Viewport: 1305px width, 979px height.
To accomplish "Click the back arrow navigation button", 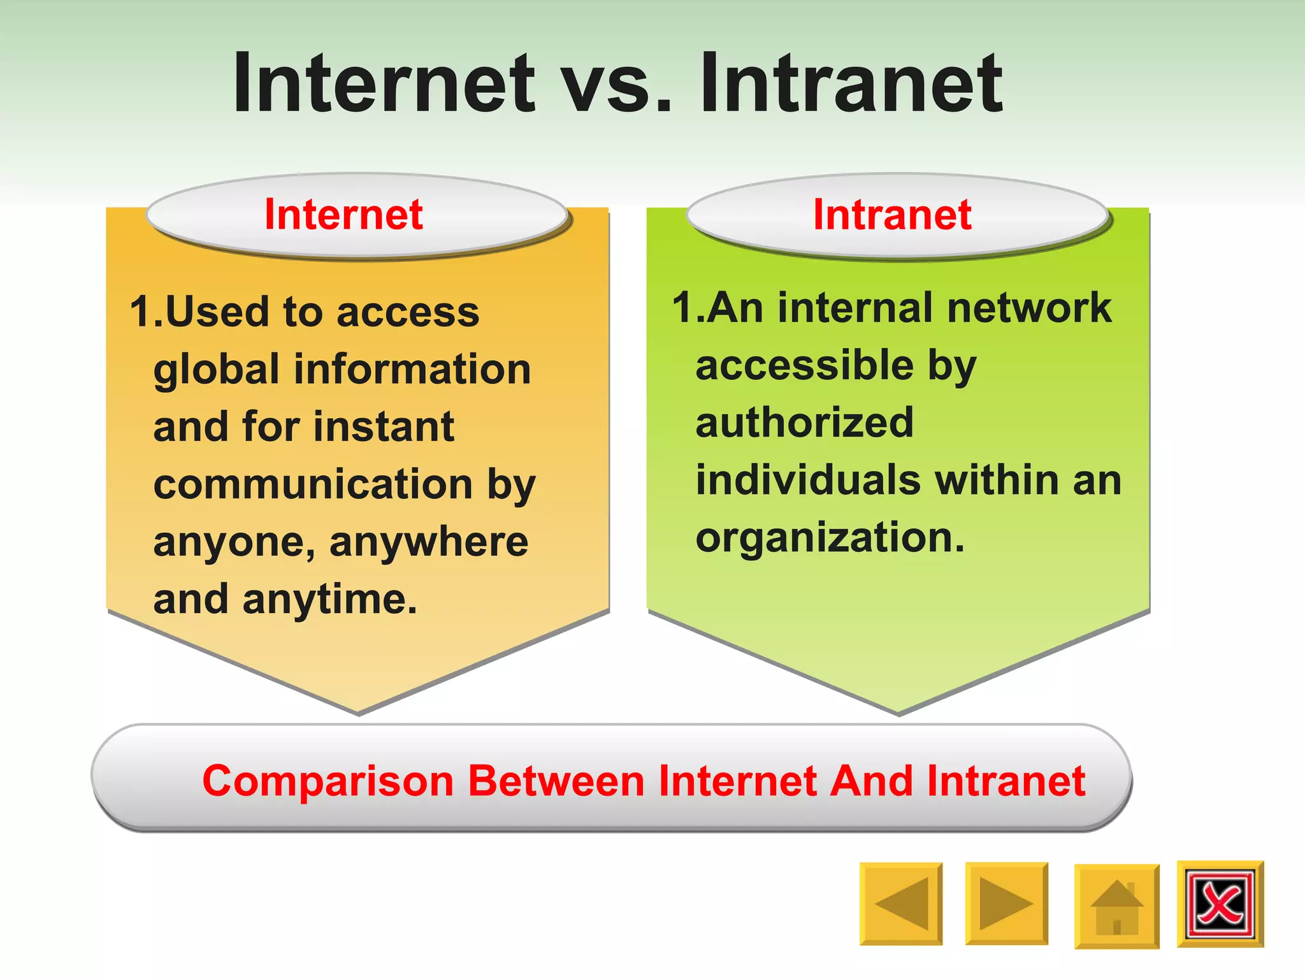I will pos(900,903).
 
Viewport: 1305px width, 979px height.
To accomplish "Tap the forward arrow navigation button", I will pos(1006,903).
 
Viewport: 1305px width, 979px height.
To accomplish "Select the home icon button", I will pos(1116,906).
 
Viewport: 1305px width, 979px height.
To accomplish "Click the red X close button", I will pos(1220,904).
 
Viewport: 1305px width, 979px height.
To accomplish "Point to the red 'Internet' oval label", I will pos(343,214).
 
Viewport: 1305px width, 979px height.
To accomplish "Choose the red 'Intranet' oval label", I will pos(892,214).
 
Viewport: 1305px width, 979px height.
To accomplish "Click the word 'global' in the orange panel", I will pos(217,371).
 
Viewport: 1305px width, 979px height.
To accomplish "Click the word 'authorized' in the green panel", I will pos(805,423).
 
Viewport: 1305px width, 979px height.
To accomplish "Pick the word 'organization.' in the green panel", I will pos(830,539).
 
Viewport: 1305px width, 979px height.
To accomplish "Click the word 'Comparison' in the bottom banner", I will pos(328,781).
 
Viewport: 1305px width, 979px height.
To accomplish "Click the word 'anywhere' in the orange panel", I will pos(429,543).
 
